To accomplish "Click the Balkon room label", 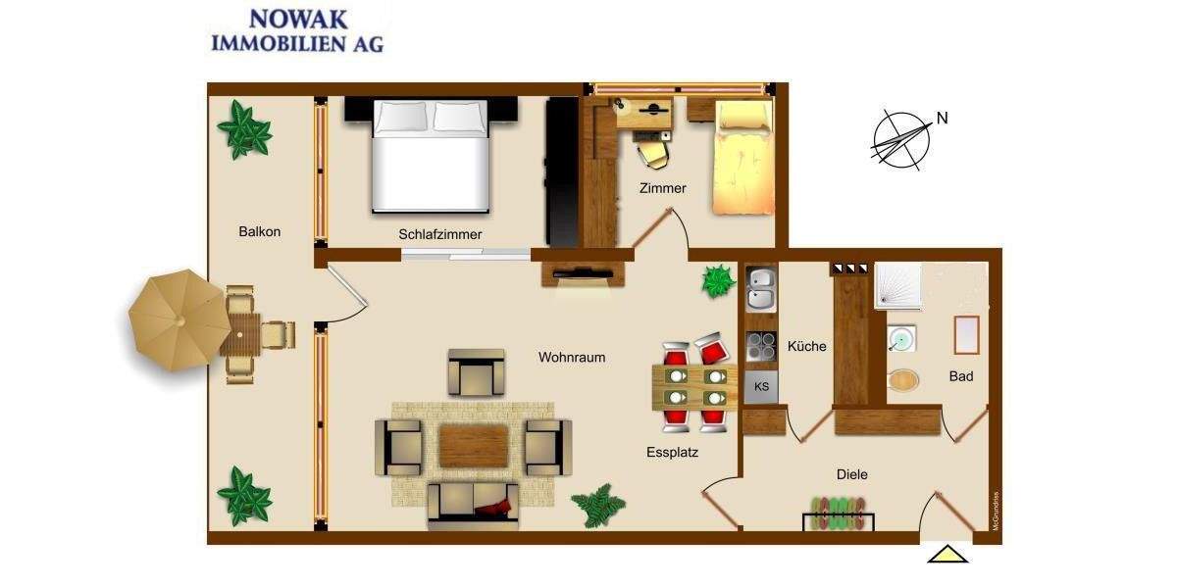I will pyautogui.click(x=260, y=232).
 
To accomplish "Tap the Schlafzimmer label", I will pyautogui.click(x=440, y=234).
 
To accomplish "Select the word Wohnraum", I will pyautogui.click(x=572, y=358).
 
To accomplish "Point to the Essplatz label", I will pyautogui.click(x=672, y=453).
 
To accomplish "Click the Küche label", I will pyautogui.click(x=806, y=346).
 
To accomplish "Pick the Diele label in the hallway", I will pyautogui.click(x=853, y=474).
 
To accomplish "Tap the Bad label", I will pyautogui.click(x=961, y=376).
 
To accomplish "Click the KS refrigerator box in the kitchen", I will pyautogui.click(x=762, y=387).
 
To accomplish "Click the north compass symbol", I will pyautogui.click(x=901, y=138).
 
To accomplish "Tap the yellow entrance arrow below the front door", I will pyautogui.click(x=947, y=554).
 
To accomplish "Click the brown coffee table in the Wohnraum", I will pyautogui.click(x=474, y=446).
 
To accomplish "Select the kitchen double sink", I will pyautogui.click(x=761, y=286).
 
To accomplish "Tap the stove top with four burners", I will pyautogui.click(x=762, y=346).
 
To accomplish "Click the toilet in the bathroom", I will pyautogui.click(x=903, y=380).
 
